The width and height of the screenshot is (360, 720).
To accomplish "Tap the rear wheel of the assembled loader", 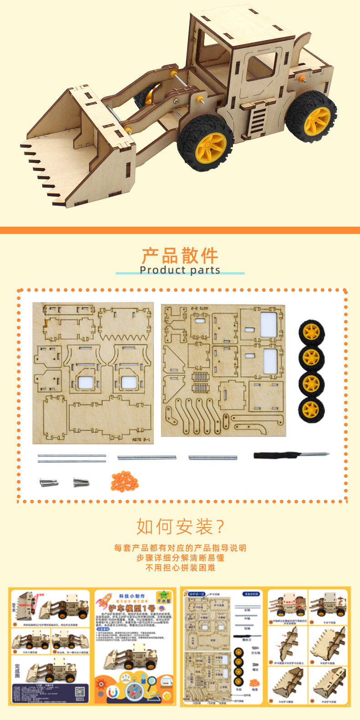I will point(312,117).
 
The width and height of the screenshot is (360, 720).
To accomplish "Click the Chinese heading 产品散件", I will point(180,255).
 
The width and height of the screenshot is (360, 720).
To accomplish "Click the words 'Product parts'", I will point(180,270).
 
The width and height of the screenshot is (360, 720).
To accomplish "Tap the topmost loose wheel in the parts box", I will point(312,332).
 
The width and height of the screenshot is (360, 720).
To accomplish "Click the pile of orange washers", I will point(124,481).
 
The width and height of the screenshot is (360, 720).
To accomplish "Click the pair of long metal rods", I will point(72,458).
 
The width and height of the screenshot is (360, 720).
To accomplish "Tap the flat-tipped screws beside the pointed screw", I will point(49,482).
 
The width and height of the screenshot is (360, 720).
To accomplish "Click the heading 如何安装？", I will point(180,527).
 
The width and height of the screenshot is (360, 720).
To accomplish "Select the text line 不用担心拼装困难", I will point(180,568).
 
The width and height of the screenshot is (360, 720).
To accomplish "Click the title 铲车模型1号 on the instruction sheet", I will point(132,608).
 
